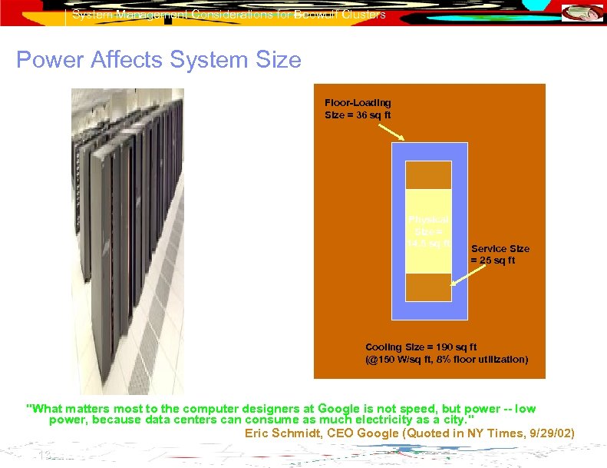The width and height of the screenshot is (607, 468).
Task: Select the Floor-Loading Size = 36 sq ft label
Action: pos(358,108)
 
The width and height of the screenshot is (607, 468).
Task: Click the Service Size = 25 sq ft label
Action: pos(500,254)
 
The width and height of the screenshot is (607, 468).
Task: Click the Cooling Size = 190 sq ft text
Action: pos(421,347)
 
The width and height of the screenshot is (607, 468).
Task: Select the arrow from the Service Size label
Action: pos(460,275)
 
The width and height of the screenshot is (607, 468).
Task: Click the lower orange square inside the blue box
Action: pos(429,287)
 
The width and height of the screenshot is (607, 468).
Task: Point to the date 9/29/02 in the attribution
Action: pos(546,433)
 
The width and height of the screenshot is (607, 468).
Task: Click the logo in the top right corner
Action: pos(582,13)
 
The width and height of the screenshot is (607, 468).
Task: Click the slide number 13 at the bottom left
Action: pos(44,456)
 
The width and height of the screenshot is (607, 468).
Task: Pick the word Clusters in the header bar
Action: pos(363,14)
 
